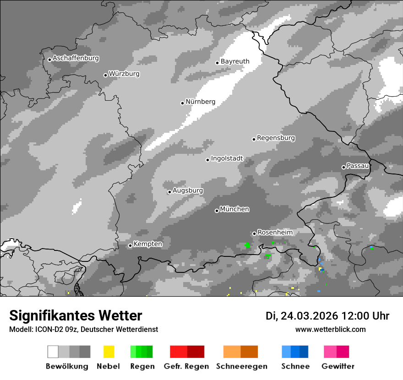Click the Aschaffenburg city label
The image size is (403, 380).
[76, 58]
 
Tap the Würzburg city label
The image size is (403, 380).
[124, 74]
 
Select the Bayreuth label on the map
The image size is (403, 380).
[235, 61]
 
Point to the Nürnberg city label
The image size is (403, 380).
[200, 102]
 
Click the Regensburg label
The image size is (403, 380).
[276, 138]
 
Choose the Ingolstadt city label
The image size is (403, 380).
[227, 158]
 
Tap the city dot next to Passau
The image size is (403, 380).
[343, 167]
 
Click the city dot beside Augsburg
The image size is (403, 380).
[169, 192]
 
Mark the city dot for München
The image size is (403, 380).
[217, 211]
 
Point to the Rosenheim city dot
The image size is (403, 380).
[254, 233]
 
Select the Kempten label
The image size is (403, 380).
[147, 244]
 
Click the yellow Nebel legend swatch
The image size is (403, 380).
[109, 352]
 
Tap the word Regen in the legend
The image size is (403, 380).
[142, 366]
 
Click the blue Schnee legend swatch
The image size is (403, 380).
[295, 352]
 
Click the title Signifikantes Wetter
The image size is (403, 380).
[76, 315]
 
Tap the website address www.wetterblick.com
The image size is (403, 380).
[330, 329]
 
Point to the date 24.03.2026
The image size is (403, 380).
[309, 316]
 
